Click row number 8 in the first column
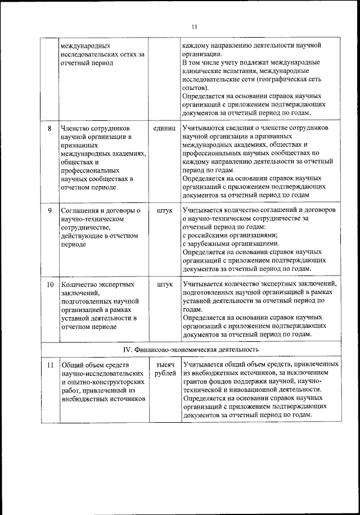point(49,128)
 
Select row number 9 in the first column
point(49,210)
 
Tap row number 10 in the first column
point(49,284)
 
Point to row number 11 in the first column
point(49,365)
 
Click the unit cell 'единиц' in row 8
point(164,128)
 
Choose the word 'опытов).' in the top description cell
point(195,88)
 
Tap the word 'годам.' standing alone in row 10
point(192,310)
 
